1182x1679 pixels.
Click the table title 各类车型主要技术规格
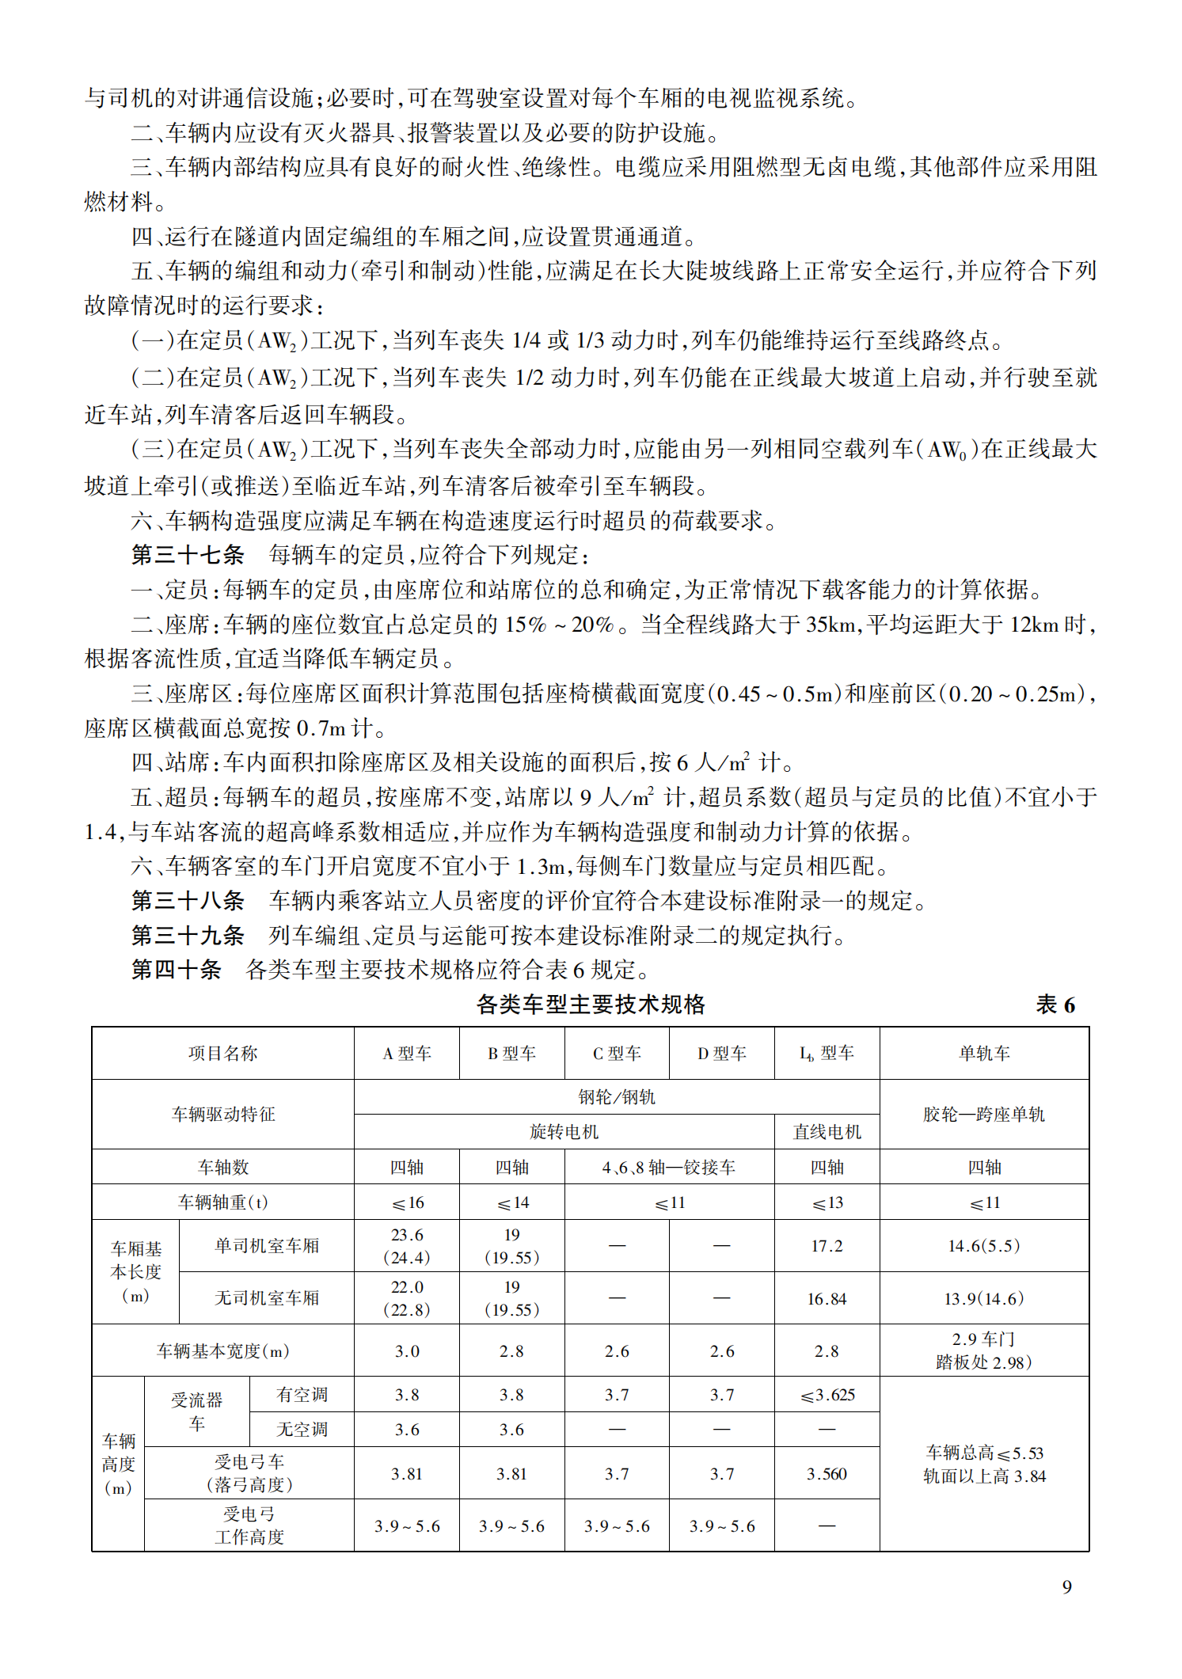pos(591,1004)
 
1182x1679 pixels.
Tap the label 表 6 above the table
pos(1055,1005)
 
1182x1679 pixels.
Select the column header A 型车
pos(407,1053)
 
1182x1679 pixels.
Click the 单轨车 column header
pos(984,1053)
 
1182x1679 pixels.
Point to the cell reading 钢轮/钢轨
pos(617,1096)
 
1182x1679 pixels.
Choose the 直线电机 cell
pos(827,1131)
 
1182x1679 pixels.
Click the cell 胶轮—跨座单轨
pos(984,1114)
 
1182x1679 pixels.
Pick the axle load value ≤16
pos(408,1202)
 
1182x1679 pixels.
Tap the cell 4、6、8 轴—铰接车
pos(669,1167)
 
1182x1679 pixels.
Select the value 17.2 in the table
pos(827,1245)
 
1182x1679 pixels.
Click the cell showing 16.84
pos(827,1298)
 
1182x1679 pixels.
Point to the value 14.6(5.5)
pos(984,1245)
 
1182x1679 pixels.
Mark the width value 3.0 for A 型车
pos(407,1350)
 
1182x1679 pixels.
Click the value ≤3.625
pos(827,1394)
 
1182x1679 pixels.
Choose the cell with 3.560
pos(827,1473)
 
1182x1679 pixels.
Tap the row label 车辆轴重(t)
pos(222,1202)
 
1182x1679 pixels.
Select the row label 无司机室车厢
pos(267,1297)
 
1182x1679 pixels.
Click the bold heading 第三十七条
pos(188,554)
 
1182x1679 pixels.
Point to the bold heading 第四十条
pos(176,969)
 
